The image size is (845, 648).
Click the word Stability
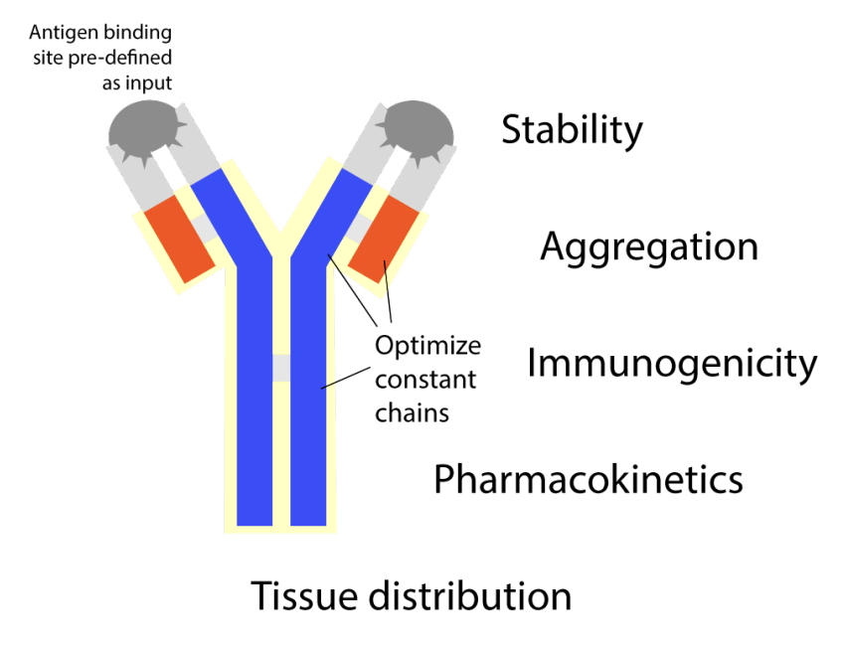pos(572,130)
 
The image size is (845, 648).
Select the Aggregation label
pos(649,247)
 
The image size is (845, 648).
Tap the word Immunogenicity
pos(672,364)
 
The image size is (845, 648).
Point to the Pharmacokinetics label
pos(589,479)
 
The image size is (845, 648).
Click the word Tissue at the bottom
pos(304,595)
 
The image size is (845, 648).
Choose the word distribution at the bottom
pos(470,595)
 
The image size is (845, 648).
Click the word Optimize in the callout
pos(427,346)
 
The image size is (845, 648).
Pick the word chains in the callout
pos(413,413)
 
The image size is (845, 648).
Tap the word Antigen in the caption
pos(65,34)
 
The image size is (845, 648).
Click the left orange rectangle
pos(180,239)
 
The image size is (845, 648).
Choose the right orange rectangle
pos(384,239)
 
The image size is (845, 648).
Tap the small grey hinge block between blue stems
pos(281,368)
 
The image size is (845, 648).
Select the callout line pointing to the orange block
pos(388,291)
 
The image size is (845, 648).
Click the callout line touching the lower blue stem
pos(345,378)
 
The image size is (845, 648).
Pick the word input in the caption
pos(149,84)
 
